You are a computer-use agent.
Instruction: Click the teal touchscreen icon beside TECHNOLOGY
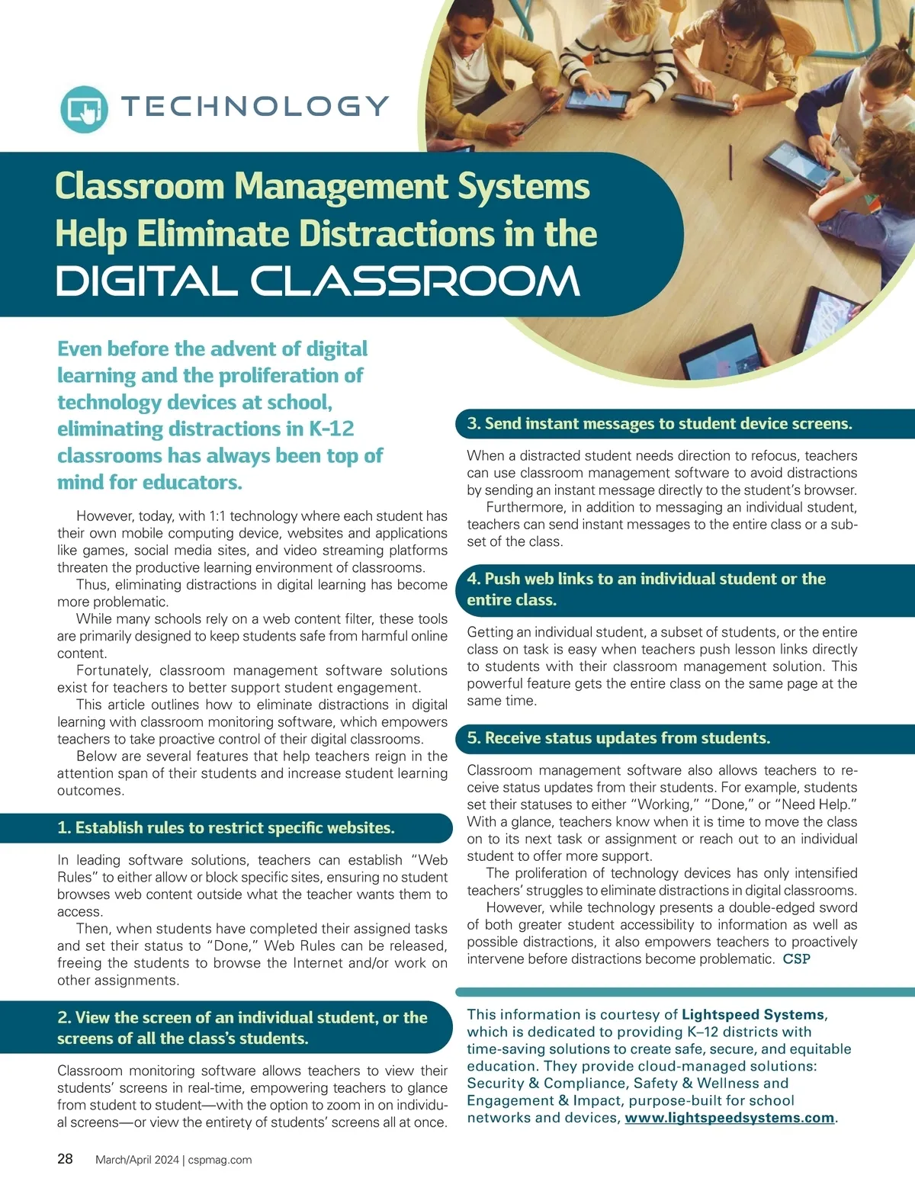click(x=84, y=109)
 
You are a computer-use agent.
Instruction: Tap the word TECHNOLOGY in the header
click(x=255, y=107)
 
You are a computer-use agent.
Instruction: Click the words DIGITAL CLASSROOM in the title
click(x=318, y=281)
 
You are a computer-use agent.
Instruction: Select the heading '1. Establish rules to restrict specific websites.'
click(x=226, y=828)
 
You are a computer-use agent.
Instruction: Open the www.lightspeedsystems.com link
click(x=729, y=1118)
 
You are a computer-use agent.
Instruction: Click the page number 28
click(x=66, y=1159)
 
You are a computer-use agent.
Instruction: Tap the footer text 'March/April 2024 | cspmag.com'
click(x=174, y=1160)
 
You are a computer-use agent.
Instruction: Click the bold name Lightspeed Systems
click(x=753, y=1015)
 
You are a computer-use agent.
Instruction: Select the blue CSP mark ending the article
click(x=797, y=959)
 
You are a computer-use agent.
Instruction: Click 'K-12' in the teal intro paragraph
click(x=332, y=429)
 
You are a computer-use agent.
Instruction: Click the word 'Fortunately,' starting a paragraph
click(x=114, y=670)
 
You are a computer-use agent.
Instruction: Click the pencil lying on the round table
click(x=730, y=162)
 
